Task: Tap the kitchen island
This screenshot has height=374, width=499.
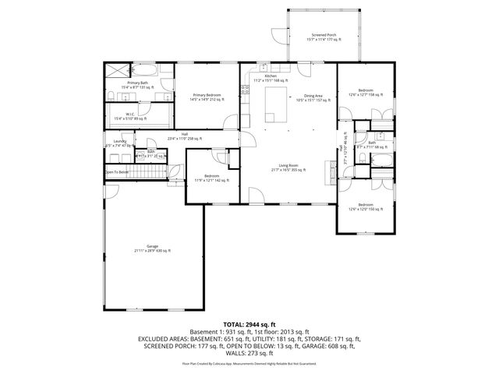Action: (x=276, y=101)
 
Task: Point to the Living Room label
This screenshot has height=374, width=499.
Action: (x=289, y=167)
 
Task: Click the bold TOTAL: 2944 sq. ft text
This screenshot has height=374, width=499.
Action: (x=249, y=323)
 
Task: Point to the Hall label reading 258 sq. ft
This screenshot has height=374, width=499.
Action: (x=185, y=136)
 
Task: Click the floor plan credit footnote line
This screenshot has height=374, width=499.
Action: (x=249, y=362)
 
